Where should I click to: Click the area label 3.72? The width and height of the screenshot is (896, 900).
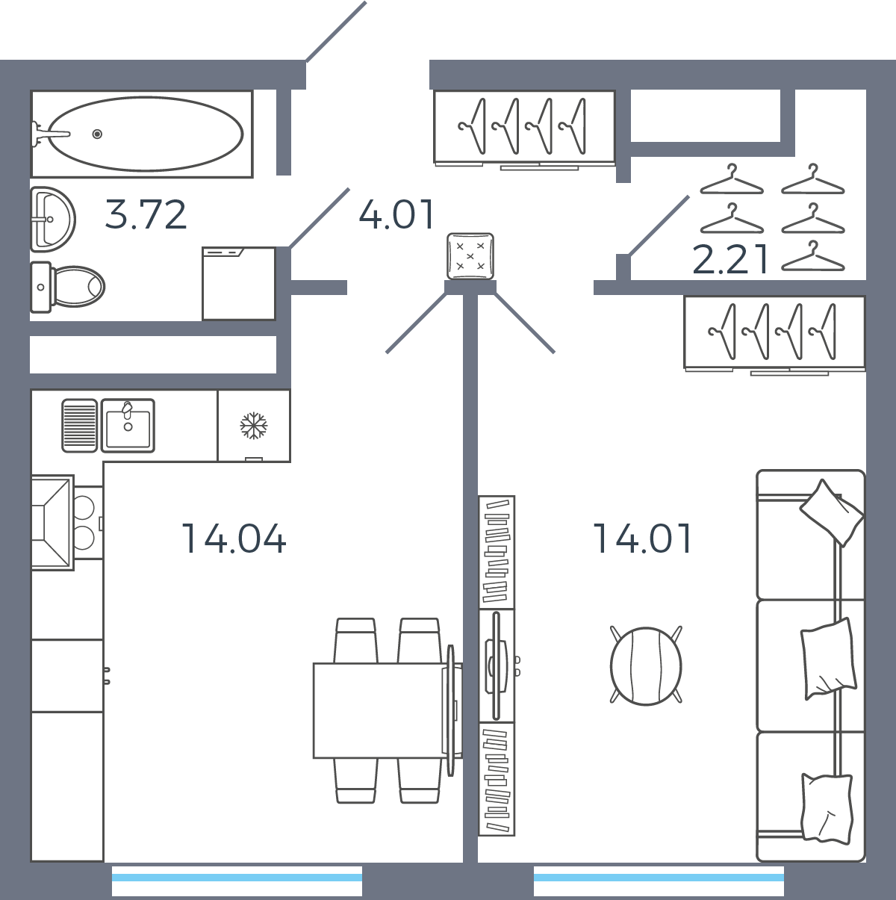(x=146, y=215)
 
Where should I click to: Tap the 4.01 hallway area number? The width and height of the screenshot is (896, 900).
(x=396, y=215)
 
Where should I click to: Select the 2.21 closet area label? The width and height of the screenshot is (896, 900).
(x=730, y=260)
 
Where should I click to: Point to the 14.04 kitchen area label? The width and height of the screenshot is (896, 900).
(x=234, y=539)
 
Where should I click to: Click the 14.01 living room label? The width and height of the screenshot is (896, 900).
(x=642, y=539)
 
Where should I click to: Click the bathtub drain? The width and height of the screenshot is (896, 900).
(x=97, y=134)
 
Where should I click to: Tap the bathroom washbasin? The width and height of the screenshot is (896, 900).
(x=52, y=219)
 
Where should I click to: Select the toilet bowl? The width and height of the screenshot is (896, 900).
(x=68, y=287)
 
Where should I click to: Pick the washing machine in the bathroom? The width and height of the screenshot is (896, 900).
(x=239, y=284)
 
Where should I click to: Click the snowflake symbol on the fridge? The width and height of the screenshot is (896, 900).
(x=254, y=426)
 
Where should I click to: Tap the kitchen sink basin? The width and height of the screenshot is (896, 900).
(x=128, y=426)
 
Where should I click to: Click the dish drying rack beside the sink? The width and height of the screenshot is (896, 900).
(x=80, y=426)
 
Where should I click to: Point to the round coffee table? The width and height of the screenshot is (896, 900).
(x=646, y=666)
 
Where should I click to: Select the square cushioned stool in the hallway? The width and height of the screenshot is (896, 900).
(x=470, y=256)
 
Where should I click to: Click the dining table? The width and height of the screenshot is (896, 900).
(x=379, y=710)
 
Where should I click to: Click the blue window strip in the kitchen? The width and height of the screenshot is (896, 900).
(x=237, y=878)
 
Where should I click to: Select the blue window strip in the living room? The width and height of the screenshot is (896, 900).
(x=659, y=878)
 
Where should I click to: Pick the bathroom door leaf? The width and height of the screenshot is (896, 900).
(x=320, y=218)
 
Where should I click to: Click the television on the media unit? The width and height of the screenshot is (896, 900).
(x=497, y=666)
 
